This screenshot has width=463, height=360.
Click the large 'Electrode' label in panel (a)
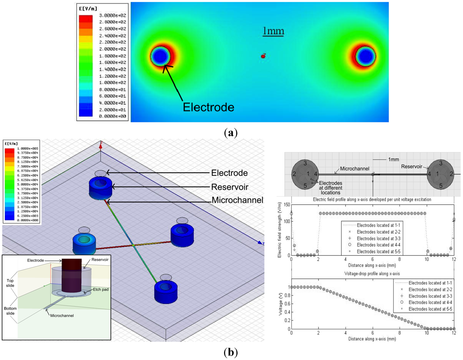[x=208, y=107]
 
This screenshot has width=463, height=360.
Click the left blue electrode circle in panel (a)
[x=160, y=57]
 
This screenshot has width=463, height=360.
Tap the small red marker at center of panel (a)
[x=263, y=56]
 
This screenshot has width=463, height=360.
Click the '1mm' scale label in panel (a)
[x=273, y=31]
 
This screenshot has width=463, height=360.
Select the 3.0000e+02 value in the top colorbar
[x=112, y=15]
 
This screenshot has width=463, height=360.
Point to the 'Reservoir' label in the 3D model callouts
[x=230, y=187]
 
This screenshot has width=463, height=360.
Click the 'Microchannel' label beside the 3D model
[x=237, y=200]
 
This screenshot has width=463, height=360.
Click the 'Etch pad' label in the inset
[x=101, y=289]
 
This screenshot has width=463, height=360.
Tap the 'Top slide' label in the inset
[x=10, y=283]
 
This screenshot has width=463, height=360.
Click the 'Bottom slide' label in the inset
[x=10, y=311]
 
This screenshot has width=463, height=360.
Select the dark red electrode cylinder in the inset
[x=72, y=275]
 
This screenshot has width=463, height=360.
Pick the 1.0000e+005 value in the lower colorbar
[x=28, y=148]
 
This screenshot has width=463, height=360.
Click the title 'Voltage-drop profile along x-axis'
[x=372, y=274]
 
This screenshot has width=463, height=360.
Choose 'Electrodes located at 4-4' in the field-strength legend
[x=378, y=245]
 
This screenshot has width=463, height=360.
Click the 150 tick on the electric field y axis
[x=287, y=205]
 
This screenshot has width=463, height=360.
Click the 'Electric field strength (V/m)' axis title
[x=280, y=230]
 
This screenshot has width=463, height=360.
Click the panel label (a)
[x=231, y=133]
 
